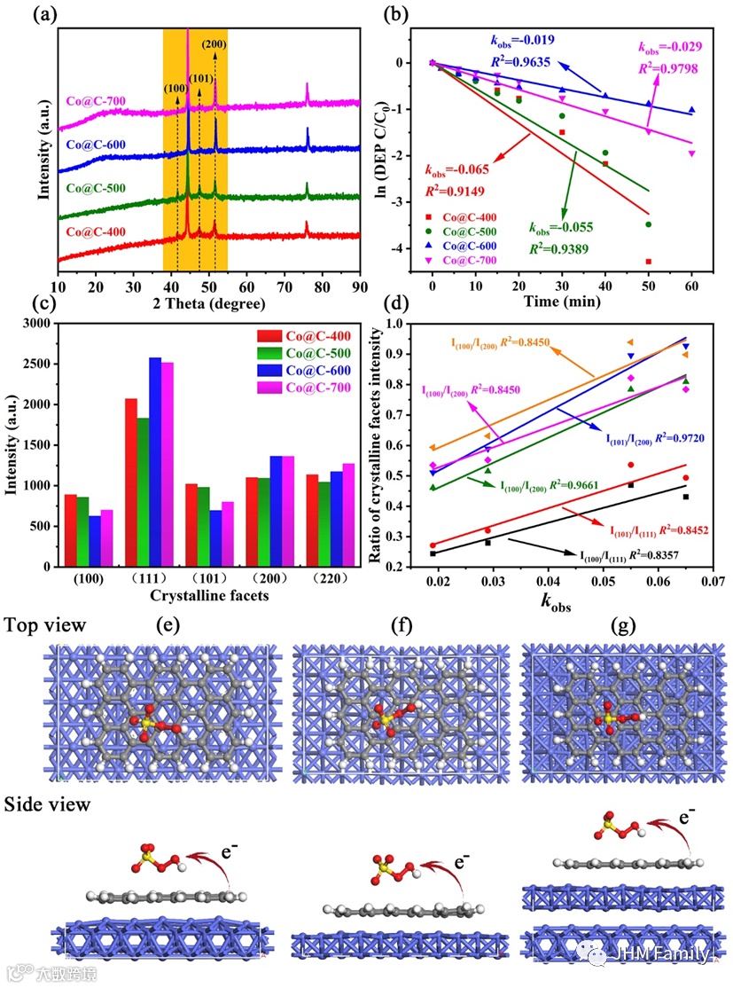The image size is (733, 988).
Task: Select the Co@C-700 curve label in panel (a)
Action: (97, 101)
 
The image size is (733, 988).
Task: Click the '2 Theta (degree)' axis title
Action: (209, 304)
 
